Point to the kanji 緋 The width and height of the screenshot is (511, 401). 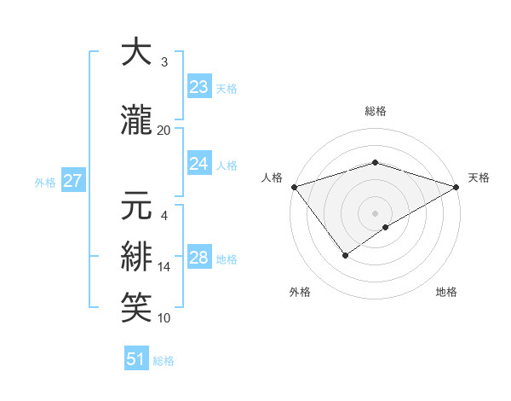(136, 257)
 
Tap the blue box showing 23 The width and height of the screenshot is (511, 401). (198, 87)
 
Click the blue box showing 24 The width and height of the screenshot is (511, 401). (198, 164)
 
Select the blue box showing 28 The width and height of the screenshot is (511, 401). (198, 258)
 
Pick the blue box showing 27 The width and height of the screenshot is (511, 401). (72, 181)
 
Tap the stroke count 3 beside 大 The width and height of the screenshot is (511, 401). (164, 62)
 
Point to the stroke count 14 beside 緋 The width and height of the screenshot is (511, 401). (164, 267)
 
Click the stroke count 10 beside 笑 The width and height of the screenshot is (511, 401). (164, 318)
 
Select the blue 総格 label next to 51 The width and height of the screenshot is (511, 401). (164, 361)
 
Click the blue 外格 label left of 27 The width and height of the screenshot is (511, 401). (45, 182)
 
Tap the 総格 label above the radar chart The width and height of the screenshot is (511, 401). (375, 111)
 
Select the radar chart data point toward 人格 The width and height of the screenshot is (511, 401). (293, 187)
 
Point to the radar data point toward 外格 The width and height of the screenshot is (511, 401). (346, 254)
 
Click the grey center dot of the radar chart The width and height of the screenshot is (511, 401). (375, 212)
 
